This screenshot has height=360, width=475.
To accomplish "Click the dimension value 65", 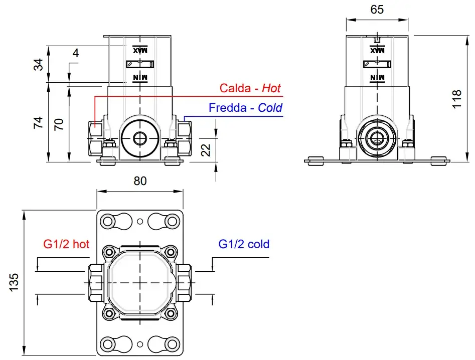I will pos(377,9).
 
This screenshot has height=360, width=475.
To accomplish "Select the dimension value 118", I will pos(456,99).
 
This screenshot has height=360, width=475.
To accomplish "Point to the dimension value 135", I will pos(14,283).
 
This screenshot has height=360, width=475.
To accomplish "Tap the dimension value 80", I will pos(140,181).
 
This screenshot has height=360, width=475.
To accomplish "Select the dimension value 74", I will pos(38,123).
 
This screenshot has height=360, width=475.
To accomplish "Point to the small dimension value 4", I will pos(75,53).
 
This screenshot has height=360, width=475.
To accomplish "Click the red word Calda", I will pos(235,88).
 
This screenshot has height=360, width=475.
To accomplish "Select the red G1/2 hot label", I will pos(66,244).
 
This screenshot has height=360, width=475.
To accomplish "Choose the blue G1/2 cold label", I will pos(244,244).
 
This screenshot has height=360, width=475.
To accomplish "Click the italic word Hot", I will pos(271,88).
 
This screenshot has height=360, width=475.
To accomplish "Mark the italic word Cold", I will pos(270,107).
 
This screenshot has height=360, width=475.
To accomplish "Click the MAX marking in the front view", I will pos(140,50).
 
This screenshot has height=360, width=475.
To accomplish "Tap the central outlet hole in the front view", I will pos(140,137).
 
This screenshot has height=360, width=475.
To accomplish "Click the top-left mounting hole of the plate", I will pos(108,221).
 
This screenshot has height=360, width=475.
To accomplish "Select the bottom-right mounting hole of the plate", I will pos(172,344).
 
